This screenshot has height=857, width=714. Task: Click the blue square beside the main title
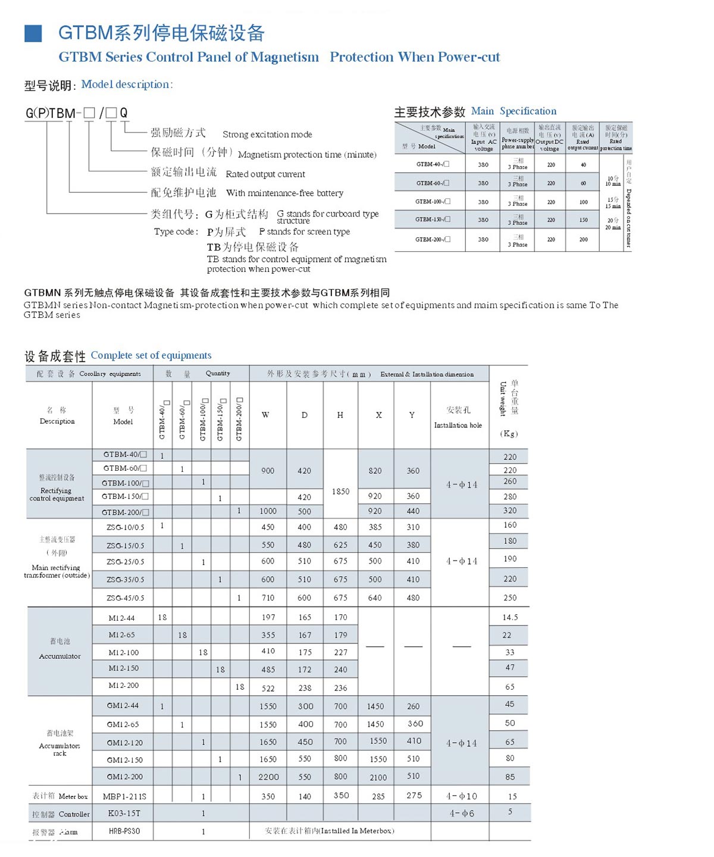pyautogui.click(x=33, y=33)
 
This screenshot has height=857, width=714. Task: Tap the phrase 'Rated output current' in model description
pyautogui.click(x=265, y=174)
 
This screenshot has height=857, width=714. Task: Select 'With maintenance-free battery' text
pyautogui.click(x=284, y=193)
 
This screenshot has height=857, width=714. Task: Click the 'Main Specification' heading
pyautogui.click(x=513, y=111)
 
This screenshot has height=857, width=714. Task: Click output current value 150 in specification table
pyautogui.click(x=583, y=220)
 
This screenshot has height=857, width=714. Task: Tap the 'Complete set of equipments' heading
pyautogui.click(x=151, y=355)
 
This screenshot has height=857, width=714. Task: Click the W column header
pyautogui.click(x=265, y=415)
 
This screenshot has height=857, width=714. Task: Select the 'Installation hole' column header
pyautogui.click(x=458, y=425)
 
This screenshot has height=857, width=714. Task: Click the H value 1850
pyautogui.click(x=340, y=492)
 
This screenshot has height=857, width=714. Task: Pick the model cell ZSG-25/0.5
pyautogui.click(x=125, y=562)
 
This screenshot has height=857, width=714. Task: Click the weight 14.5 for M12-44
pyautogui.click(x=510, y=618)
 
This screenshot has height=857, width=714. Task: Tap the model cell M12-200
pyautogui.click(x=124, y=686)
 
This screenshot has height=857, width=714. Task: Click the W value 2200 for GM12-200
pyautogui.click(x=268, y=777)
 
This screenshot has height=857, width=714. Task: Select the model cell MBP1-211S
pyautogui.click(x=124, y=796)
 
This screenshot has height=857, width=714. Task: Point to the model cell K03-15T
pyautogui.click(x=124, y=814)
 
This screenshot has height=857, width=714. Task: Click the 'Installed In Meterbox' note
pyautogui.click(x=329, y=831)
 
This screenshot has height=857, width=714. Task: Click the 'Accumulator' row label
pyautogui.click(x=59, y=656)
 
